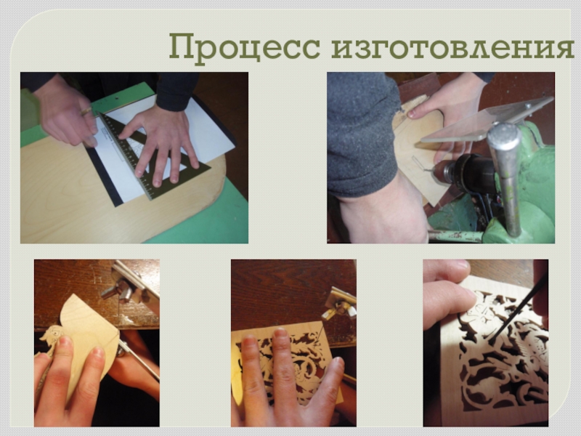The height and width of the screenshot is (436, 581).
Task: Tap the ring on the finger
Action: pos(86,110)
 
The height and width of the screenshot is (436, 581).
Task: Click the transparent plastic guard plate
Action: pos(487,119)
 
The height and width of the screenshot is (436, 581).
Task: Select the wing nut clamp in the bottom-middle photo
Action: pos(340,303)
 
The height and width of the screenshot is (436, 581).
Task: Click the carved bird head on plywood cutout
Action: pos(51,336)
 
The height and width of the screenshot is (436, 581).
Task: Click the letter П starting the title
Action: pos(183,47)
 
